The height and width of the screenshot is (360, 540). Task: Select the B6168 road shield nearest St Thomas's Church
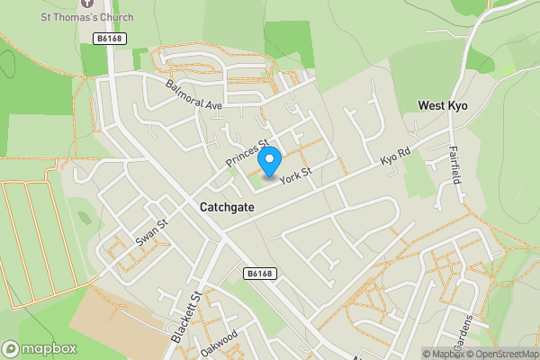(x=108, y=38)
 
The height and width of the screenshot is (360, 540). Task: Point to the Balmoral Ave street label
(x=193, y=94)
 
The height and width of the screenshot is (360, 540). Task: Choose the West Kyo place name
(x=443, y=106)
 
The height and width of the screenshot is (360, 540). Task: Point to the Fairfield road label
(x=455, y=165)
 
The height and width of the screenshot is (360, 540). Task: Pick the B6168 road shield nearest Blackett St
(x=257, y=274)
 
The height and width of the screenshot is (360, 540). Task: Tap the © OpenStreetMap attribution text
(x=497, y=354)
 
